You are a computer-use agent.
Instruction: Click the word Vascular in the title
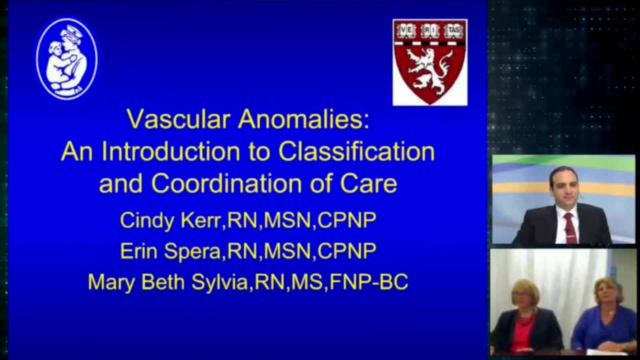[178, 120]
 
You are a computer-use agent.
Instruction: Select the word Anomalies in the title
[303, 120]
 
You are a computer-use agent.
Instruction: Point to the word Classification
[356, 152]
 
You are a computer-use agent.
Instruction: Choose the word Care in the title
[368, 183]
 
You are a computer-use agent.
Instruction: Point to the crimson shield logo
[429, 62]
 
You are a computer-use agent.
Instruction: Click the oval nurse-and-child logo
[67, 59]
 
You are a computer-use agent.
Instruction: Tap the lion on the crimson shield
[429, 70]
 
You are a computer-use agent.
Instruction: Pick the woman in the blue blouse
[606, 317]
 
